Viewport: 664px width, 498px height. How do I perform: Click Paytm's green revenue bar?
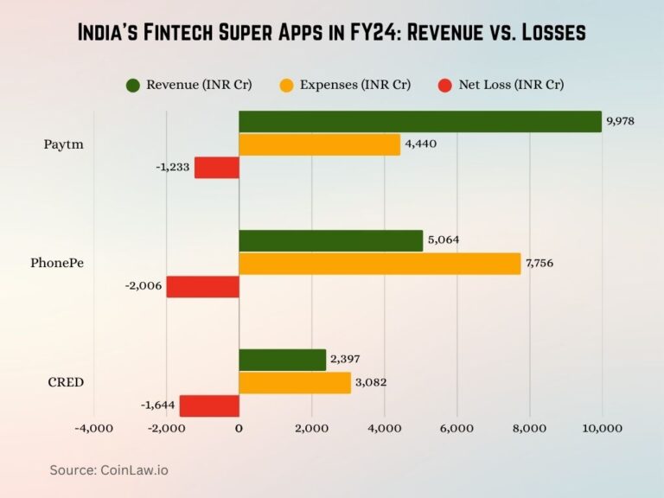(419, 121)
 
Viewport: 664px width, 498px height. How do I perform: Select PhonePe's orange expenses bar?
(380, 263)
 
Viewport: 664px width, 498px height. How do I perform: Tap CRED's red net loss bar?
(208, 405)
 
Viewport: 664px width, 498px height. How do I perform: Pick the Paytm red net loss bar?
(216, 167)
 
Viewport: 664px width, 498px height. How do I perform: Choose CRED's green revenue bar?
(282, 360)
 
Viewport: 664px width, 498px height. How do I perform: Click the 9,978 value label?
(620, 121)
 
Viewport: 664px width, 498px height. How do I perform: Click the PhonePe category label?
(57, 263)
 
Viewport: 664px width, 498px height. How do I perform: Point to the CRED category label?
(65, 382)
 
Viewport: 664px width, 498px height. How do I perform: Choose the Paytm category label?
(64, 144)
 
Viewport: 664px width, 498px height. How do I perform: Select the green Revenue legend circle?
(132, 85)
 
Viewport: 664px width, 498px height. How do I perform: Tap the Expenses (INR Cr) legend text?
(355, 85)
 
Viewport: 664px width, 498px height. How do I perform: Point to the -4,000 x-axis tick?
(93, 428)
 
